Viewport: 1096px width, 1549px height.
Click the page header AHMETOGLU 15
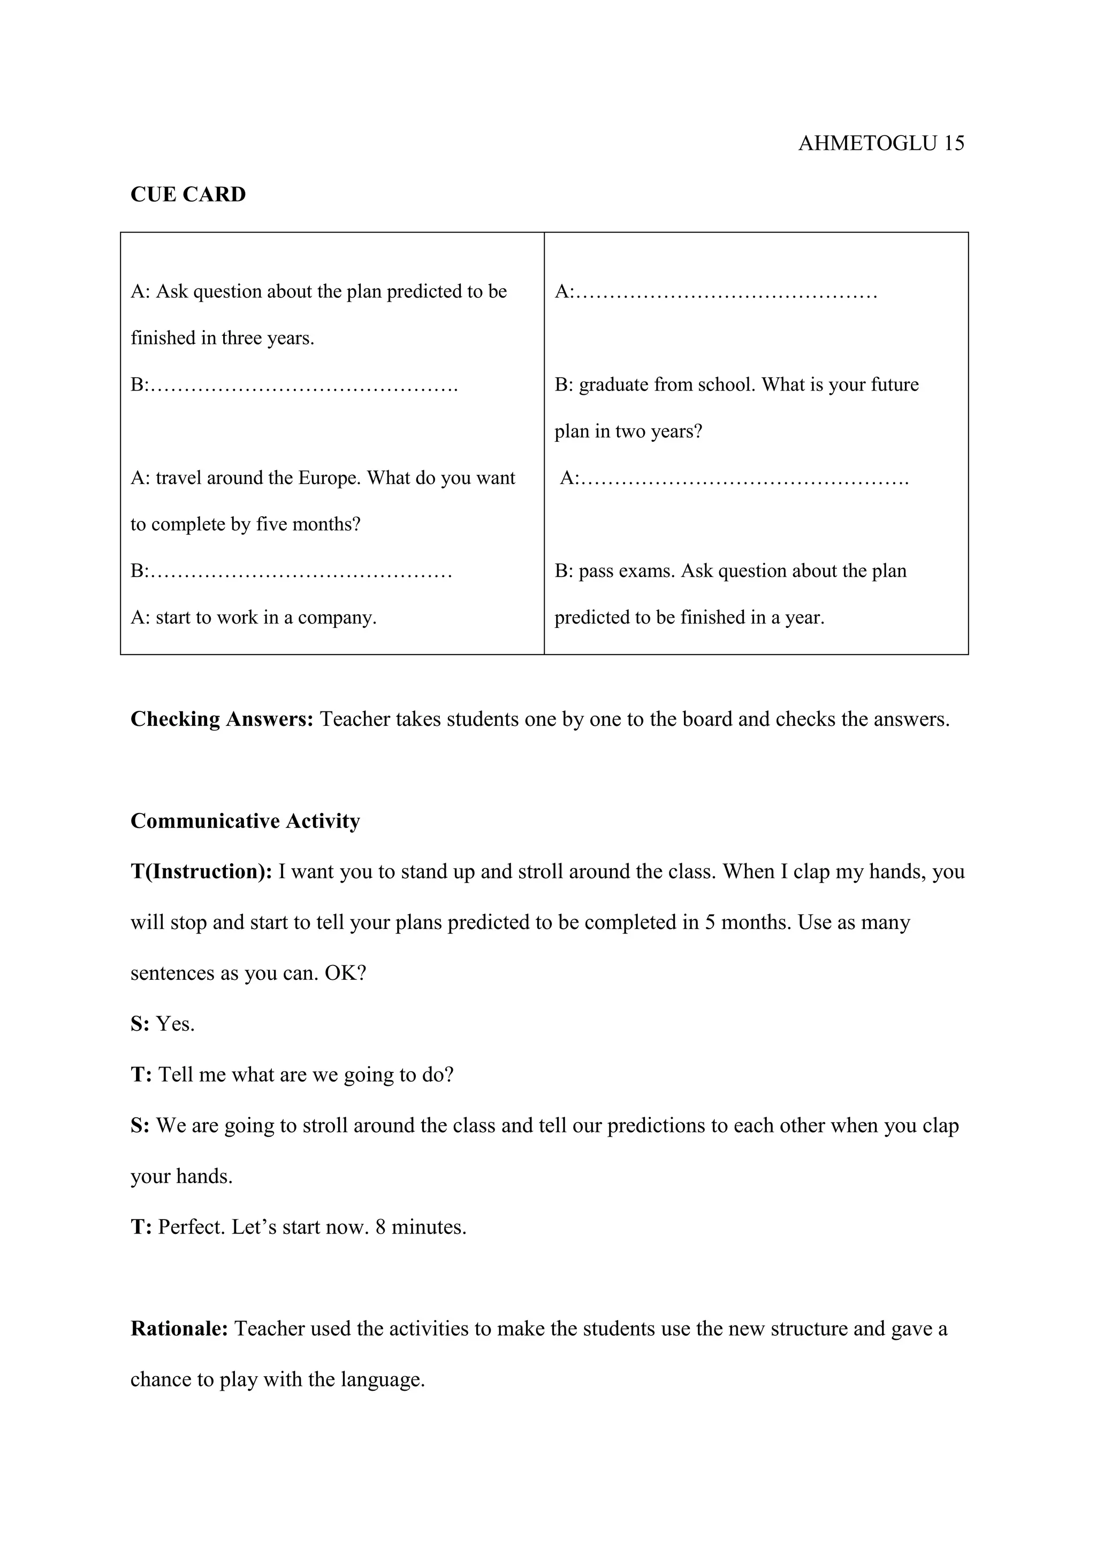(881, 143)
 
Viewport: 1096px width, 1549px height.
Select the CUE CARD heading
(188, 194)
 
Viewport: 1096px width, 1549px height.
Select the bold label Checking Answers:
(222, 719)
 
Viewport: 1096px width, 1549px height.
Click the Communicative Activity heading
(245, 821)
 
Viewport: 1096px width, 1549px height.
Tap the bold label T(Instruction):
(201, 872)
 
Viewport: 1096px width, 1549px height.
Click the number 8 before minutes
(380, 1227)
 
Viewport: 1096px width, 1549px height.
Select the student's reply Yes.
(176, 1024)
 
